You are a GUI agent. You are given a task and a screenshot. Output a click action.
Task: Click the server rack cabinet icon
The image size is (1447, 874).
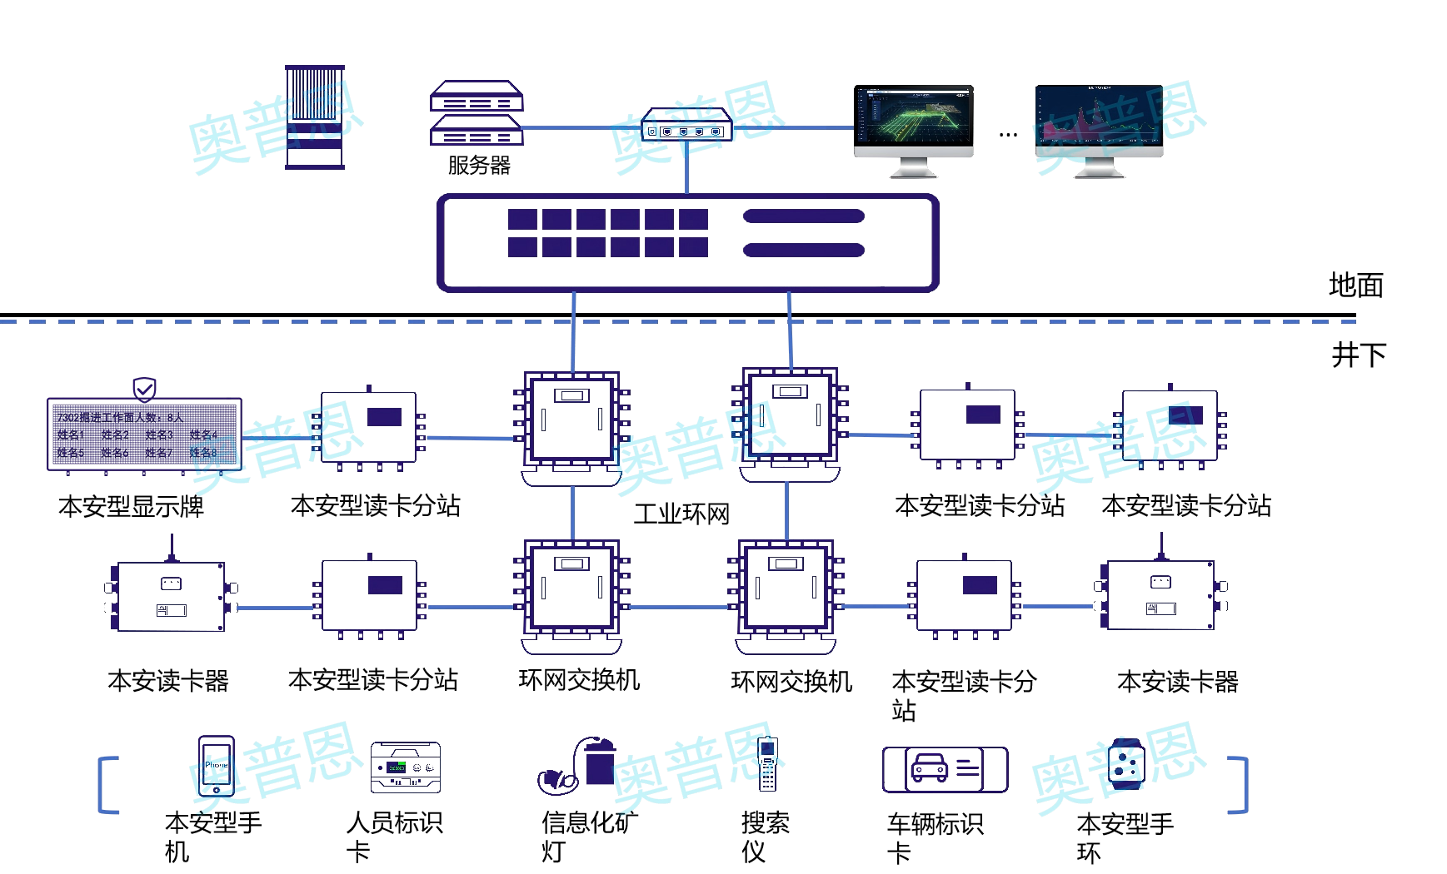pyautogui.click(x=315, y=117)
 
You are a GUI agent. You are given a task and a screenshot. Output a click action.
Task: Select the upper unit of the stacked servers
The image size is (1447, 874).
pyautogui.click(x=477, y=97)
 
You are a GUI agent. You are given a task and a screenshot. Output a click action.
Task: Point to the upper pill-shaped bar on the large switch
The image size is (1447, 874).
pyautogui.click(x=803, y=216)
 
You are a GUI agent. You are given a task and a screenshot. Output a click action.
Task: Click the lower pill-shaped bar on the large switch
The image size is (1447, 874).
pyautogui.click(x=803, y=250)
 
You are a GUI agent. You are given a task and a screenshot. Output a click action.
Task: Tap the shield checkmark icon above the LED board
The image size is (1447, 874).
pyautogui.click(x=144, y=389)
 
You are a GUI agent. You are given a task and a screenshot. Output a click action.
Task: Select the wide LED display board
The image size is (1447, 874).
pyautogui.click(x=144, y=434)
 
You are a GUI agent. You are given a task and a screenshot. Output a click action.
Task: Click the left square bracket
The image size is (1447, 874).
pyautogui.click(x=107, y=784)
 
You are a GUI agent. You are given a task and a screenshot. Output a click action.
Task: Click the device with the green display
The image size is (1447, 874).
pyautogui.click(x=405, y=767)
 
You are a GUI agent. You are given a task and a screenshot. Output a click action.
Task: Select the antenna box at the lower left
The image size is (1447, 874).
pyautogui.click(x=171, y=596)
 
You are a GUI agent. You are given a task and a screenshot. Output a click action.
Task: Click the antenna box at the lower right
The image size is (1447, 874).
pyautogui.click(x=1160, y=594)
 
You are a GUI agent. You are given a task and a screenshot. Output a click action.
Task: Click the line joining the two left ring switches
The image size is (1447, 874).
pyautogui.click(x=573, y=513)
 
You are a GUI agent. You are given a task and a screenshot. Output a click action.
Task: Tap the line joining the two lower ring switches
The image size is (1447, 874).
pyautogui.click(x=679, y=607)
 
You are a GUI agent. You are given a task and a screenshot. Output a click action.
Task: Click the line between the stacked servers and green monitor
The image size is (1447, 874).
pyautogui.click(x=583, y=128)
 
